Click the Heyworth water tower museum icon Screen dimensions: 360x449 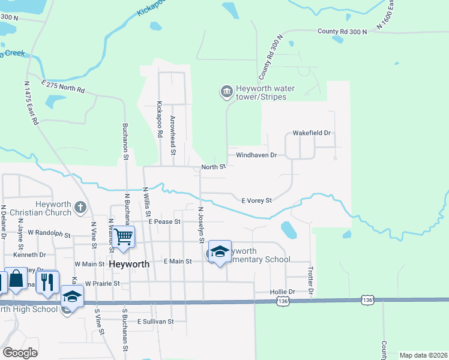tap(226, 92)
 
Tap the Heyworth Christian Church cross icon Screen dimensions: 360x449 tap(81, 208)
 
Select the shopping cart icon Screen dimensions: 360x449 tap(122, 235)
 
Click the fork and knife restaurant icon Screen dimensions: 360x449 tap(47, 281)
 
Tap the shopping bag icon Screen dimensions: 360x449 tap(16, 279)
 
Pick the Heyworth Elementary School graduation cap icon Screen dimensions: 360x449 tap(220, 251)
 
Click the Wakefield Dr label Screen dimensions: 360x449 tap(312, 133)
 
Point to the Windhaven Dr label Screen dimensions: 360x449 tap(256, 155)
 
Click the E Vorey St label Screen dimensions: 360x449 tap(256, 200)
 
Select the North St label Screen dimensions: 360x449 tap(213, 166)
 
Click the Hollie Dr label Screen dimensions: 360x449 tap(284, 292)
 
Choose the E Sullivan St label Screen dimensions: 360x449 tap(155, 322)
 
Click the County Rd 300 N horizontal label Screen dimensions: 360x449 tap(342, 31)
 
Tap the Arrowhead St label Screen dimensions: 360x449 tap(172, 135)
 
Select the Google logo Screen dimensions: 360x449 tap(20, 353)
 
